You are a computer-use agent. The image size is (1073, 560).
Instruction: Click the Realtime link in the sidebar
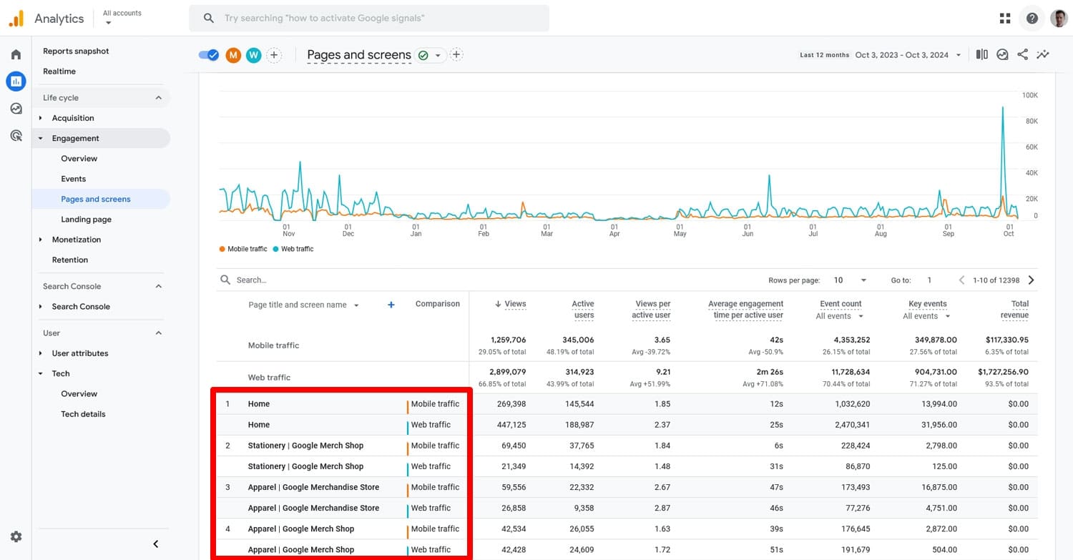pos(59,72)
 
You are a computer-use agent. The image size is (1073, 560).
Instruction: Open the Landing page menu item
pos(86,220)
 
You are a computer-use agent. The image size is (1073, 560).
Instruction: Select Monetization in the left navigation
pos(77,240)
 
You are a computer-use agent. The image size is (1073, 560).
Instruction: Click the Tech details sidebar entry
pos(83,414)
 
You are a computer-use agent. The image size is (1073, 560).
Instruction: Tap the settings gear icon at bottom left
pos(16,536)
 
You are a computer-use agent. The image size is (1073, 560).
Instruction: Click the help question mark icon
pos(1032,19)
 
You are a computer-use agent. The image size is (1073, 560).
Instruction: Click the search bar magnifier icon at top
pos(209,19)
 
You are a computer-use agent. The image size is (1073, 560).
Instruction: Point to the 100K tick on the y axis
pos(1029,95)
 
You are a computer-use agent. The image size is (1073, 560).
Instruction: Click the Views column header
pos(515,304)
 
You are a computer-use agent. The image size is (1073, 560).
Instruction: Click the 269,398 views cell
pos(511,404)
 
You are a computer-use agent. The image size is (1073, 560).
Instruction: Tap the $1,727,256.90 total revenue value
pos(1003,372)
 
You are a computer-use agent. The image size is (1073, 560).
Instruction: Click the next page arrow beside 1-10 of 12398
pos(1031,280)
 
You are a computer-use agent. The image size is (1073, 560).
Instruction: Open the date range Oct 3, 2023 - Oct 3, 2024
pos(902,55)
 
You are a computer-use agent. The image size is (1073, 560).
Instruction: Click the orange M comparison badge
pos(233,55)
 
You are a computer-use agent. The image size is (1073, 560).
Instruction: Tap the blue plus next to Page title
pos(391,305)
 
